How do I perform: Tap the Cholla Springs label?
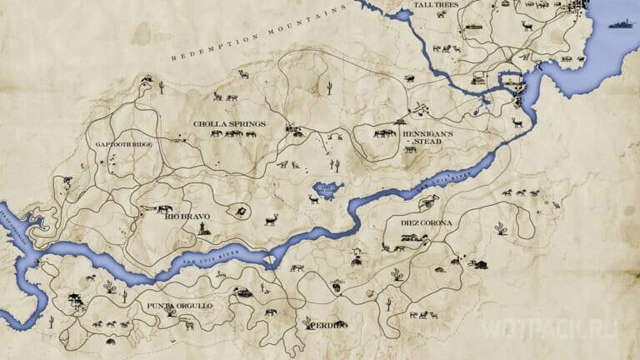(229, 124)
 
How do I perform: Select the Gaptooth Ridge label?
(123, 144)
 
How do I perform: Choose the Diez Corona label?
(428, 222)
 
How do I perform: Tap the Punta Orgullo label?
(180, 306)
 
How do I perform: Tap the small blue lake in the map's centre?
(326, 189)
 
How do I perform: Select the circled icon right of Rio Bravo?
(238, 212)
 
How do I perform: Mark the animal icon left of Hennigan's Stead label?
(384, 132)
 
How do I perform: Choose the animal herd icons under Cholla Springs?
(227, 133)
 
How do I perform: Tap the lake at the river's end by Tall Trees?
(510, 82)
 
